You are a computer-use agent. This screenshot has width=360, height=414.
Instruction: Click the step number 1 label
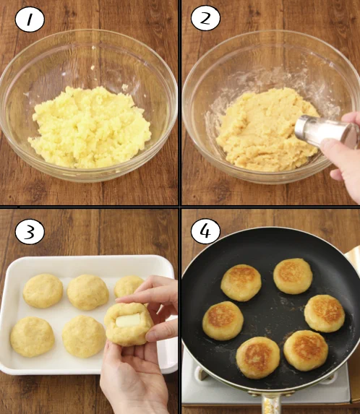(30, 19)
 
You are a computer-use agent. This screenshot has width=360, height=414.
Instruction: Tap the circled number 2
(205, 19)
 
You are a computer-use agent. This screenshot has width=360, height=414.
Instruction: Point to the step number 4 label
(205, 230)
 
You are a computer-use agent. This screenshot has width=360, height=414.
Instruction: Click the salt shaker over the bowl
(322, 130)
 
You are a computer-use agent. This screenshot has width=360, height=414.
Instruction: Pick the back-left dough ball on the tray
(43, 290)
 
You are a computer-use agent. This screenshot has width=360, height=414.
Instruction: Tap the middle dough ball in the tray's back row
(87, 292)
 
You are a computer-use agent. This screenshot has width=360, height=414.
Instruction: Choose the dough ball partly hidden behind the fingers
(128, 286)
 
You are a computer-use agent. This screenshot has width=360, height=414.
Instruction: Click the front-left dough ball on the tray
(33, 337)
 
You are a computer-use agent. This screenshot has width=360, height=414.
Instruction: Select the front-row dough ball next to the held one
(83, 337)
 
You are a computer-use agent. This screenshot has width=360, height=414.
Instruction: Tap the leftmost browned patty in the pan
(223, 320)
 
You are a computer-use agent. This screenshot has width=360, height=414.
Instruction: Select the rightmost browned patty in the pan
(324, 312)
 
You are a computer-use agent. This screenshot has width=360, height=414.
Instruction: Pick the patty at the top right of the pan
(293, 275)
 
